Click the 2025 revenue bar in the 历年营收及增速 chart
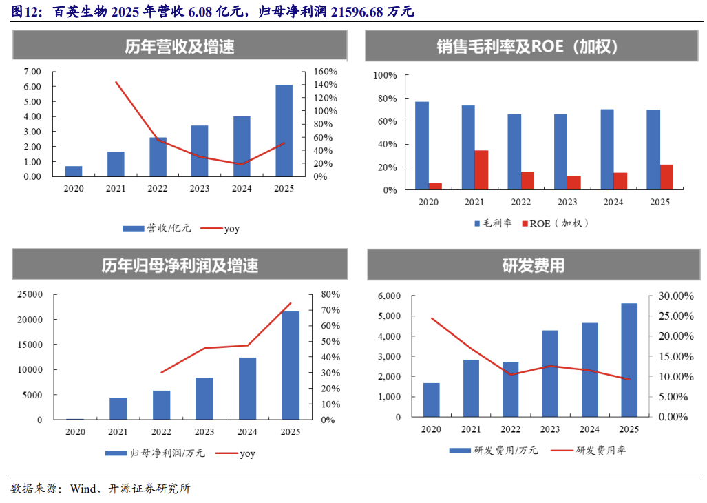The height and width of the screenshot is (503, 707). tap(284, 130)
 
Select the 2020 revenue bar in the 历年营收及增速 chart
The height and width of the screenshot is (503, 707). tap(74, 172)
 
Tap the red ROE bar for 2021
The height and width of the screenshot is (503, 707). tap(481, 170)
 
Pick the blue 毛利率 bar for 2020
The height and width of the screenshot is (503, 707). tap(422, 145)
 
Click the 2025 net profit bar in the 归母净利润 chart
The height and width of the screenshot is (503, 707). tap(291, 365)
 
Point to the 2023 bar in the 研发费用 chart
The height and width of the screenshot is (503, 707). tap(550, 373)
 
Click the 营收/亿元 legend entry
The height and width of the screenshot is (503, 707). tap(156, 228)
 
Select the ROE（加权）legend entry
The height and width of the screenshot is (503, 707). tap(555, 223)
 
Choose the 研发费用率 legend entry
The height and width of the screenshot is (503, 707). tap(589, 450)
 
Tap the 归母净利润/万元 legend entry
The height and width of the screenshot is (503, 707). tap(155, 453)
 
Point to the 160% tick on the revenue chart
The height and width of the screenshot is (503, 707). tap(325, 72)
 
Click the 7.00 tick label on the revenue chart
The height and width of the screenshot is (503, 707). tap(32, 72)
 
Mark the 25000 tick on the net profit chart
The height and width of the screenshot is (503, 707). tap(30, 294)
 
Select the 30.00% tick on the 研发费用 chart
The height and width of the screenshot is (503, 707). tap(676, 296)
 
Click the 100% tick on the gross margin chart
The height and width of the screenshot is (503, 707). tap(385, 75)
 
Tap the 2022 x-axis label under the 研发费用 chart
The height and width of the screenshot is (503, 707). tap(510, 429)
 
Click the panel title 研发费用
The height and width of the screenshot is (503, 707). tap(534, 266)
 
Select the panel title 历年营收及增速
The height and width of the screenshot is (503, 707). tap(180, 46)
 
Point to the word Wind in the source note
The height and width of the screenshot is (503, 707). tap(83, 489)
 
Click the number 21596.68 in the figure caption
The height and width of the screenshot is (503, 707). tap(357, 11)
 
